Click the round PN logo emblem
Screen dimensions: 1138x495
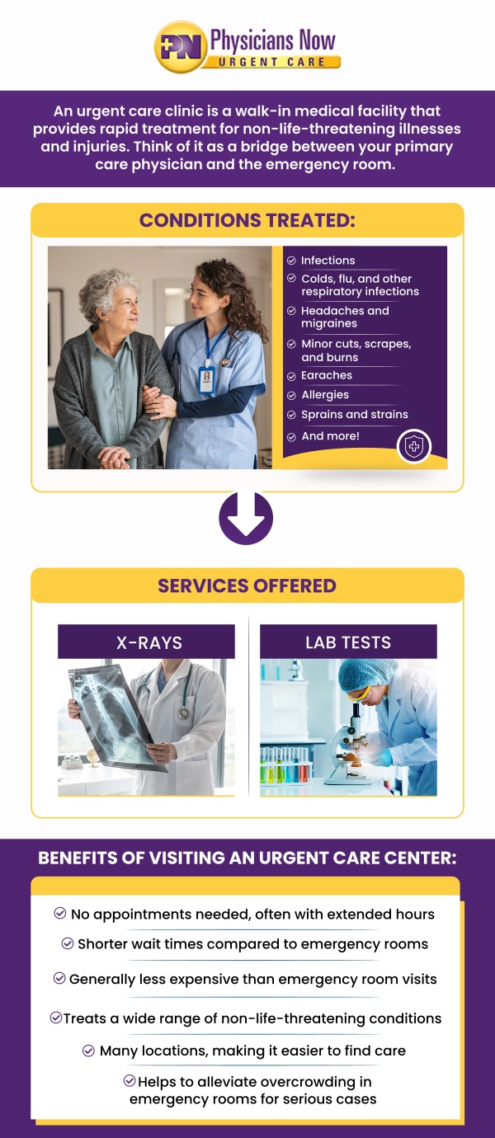coord(180,47)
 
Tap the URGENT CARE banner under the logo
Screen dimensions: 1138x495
coord(273,62)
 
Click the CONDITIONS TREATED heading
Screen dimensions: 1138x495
coord(247,220)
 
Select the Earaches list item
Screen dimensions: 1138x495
coord(327,375)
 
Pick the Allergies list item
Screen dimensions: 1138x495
coord(325,395)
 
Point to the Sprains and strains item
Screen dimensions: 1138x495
coord(355,415)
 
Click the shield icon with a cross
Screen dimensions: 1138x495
coord(414,447)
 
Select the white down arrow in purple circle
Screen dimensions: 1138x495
coord(246,518)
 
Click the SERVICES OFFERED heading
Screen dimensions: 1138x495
coord(247,585)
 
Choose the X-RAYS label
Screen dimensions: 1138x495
coord(149,642)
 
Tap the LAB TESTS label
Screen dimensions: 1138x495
coord(348,642)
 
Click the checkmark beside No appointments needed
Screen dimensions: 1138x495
coord(60,913)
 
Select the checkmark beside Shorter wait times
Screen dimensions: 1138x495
coord(68,943)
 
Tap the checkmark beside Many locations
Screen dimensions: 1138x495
coord(89,1051)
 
